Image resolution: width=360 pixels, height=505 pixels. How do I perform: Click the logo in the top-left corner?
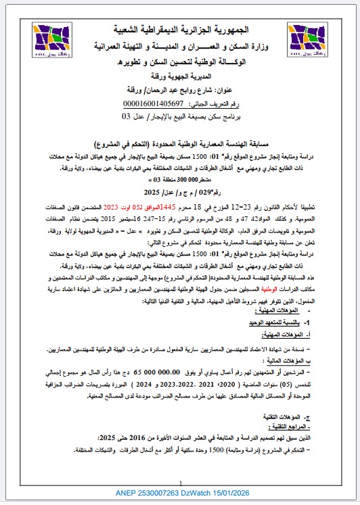pyautogui.click(x=47, y=38)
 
